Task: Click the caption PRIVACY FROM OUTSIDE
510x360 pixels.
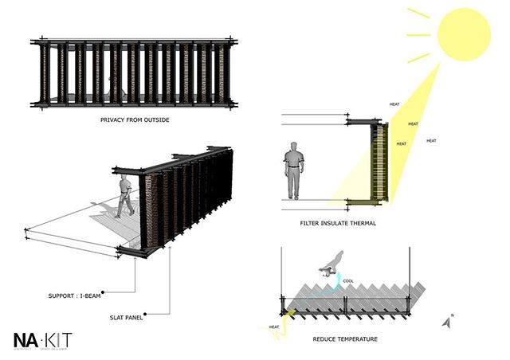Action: (135, 120)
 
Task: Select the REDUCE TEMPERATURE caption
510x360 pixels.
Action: (345, 339)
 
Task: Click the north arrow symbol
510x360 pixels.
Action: (445, 322)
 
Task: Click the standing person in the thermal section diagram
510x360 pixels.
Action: (293, 170)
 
